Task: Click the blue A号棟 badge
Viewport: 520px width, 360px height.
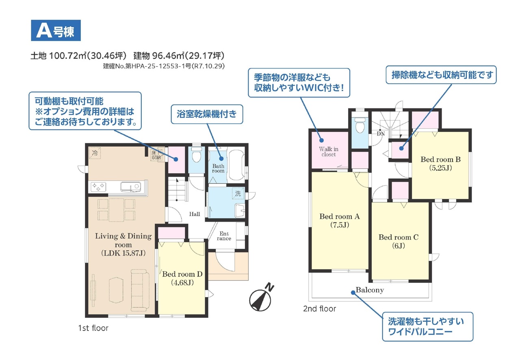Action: [x=56, y=30]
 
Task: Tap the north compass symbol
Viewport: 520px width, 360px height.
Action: [x=261, y=298]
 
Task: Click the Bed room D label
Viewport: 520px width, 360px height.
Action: [x=182, y=278]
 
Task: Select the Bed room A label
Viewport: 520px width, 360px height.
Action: [x=340, y=221]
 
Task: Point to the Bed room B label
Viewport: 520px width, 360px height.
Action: [x=440, y=164]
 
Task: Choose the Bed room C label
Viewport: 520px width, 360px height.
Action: [x=399, y=241]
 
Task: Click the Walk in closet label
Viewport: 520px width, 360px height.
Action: [x=329, y=152]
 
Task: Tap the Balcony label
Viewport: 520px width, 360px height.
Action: [x=370, y=290]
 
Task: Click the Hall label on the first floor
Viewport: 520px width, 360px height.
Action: [x=195, y=214]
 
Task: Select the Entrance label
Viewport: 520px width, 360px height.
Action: [x=224, y=236]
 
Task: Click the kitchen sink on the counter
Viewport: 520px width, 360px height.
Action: [x=131, y=187]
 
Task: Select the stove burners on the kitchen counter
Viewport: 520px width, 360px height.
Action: [x=98, y=187]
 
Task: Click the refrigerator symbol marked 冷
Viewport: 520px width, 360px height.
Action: [x=95, y=153]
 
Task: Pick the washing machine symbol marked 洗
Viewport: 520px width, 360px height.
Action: [x=238, y=193]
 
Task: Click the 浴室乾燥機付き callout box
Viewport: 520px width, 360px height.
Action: [x=207, y=114]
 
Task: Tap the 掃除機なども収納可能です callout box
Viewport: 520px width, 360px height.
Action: [x=441, y=75]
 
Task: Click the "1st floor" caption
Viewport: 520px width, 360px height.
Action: [x=93, y=328]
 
